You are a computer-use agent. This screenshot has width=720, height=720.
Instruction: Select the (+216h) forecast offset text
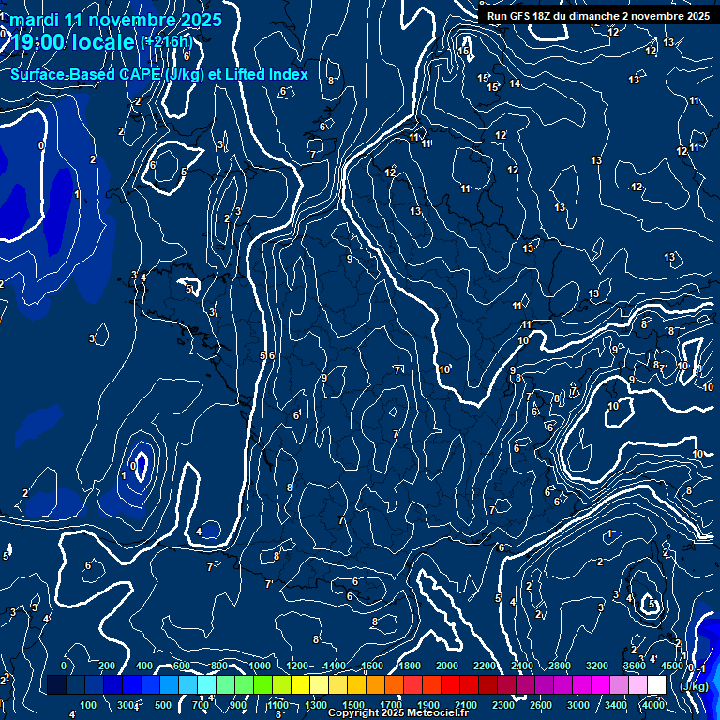pyautogui.click(x=169, y=42)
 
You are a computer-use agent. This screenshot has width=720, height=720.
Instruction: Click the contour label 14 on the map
pyautogui.click(x=515, y=84)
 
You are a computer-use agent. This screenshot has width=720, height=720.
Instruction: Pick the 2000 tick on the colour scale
pyautogui.click(x=447, y=665)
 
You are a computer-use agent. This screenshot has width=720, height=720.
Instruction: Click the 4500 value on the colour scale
pyautogui.click(x=671, y=665)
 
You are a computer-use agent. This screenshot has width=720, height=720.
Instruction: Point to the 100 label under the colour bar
pyautogui.click(x=89, y=705)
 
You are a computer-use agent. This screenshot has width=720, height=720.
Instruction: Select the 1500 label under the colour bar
pyautogui.click(x=353, y=705)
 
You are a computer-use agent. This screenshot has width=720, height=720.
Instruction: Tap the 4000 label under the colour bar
pyautogui.click(x=652, y=705)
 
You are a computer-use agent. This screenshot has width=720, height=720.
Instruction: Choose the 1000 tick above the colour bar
pyautogui.click(x=260, y=665)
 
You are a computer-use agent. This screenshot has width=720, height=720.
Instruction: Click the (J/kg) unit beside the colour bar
pyautogui.click(x=693, y=686)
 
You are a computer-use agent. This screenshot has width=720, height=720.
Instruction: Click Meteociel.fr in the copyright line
pyautogui.click(x=441, y=713)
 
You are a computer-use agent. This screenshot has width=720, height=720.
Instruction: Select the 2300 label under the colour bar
pyautogui.click(x=503, y=705)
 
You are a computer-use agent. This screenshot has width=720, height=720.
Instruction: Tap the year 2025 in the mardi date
pyautogui.click(x=202, y=20)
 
